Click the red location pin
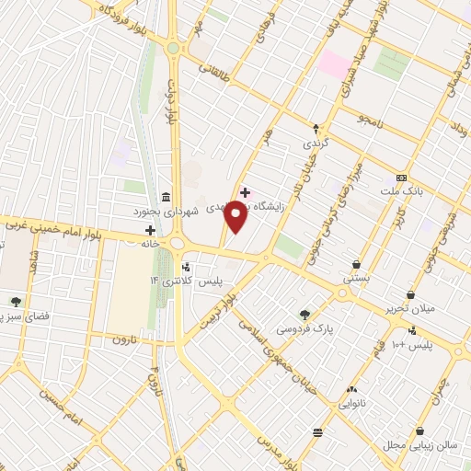(x=236, y=216)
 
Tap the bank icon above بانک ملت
(x=401, y=177)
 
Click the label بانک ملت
(x=401, y=190)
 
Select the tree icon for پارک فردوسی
(x=304, y=314)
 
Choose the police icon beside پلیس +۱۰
(x=412, y=331)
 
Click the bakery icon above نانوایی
(x=352, y=390)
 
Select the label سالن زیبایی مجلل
(x=419, y=444)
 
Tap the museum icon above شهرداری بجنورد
(x=165, y=196)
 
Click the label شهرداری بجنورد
(x=195, y=208)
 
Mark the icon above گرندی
(x=316, y=129)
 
